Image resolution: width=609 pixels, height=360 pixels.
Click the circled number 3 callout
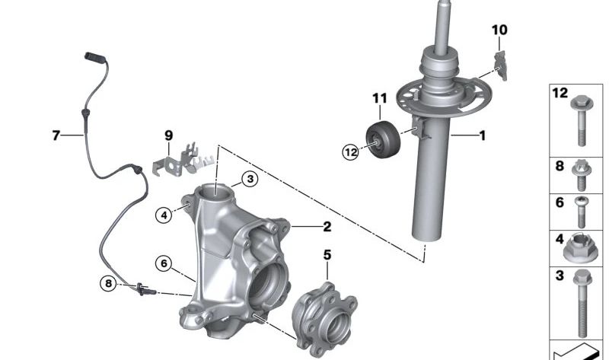[x=250, y=179]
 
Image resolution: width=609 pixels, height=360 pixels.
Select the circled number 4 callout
[x=164, y=215]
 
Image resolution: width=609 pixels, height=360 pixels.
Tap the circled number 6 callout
[x=164, y=263]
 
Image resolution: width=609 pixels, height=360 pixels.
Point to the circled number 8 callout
[x=108, y=283]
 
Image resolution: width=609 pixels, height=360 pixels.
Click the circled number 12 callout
[x=350, y=152]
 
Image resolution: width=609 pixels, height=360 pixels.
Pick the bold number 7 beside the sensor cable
[x=56, y=135]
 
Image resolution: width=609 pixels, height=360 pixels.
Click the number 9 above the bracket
[x=168, y=135]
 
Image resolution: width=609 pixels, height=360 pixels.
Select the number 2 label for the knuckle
[x=327, y=226]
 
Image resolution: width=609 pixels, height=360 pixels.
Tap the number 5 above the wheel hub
[x=327, y=255]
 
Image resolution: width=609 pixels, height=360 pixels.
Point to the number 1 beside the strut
[x=483, y=135]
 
